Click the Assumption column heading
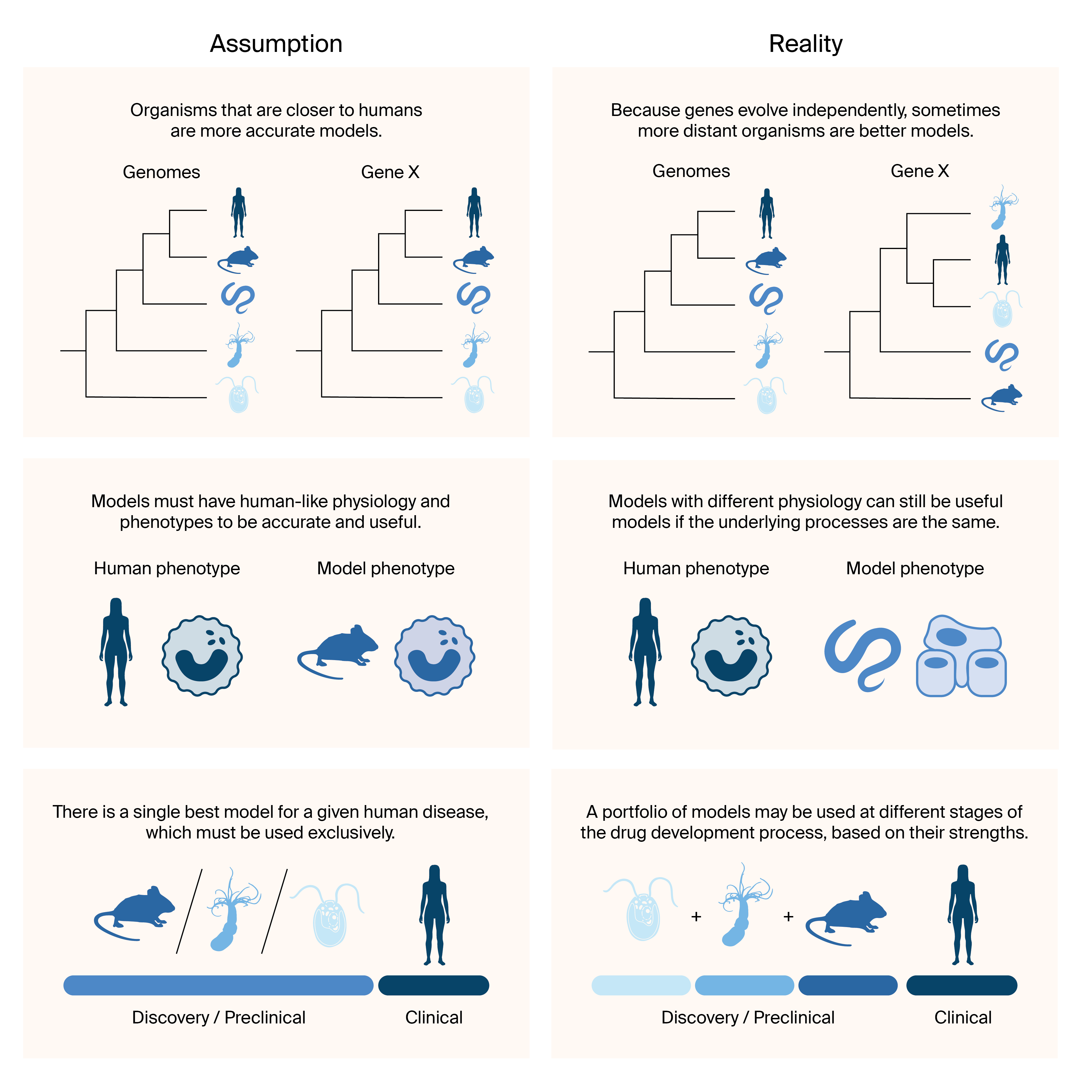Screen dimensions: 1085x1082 [x=276, y=44]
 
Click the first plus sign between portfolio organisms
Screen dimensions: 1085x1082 [x=696, y=917]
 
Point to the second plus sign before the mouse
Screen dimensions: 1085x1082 [x=788, y=917]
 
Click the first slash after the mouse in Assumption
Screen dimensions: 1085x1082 [x=189, y=911]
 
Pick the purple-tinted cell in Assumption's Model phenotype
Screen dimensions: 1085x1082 [x=434, y=655]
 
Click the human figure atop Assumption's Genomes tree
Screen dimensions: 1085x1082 [x=239, y=212]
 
